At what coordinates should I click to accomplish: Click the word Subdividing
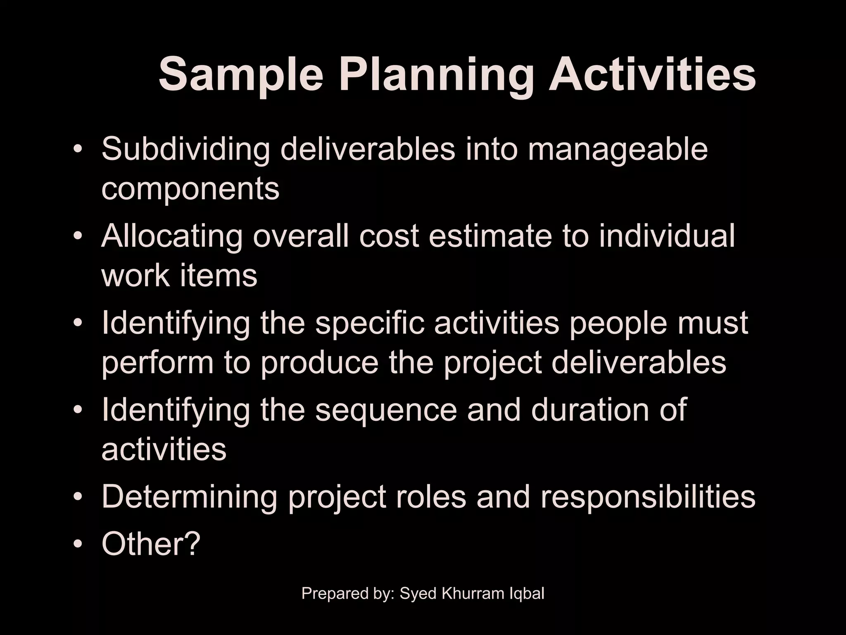click(185, 150)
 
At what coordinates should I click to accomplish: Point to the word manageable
click(618, 150)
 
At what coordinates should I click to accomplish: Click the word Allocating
click(171, 236)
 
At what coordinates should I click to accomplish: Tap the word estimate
click(490, 236)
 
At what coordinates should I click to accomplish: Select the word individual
click(667, 236)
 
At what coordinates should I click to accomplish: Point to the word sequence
click(386, 411)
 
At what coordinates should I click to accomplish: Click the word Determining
click(190, 497)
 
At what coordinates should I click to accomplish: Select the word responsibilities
click(648, 497)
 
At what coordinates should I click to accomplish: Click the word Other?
click(151, 544)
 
